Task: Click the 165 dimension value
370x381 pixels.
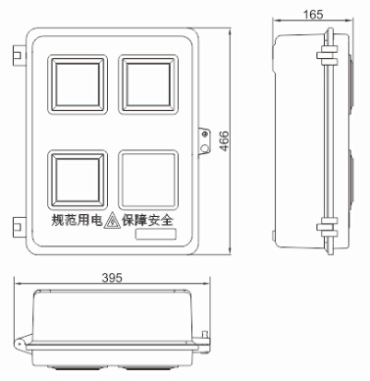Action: click(313, 15)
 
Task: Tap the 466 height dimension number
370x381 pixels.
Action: click(224, 141)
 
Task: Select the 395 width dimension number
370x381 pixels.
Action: click(112, 278)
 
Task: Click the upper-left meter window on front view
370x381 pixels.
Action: click(78, 84)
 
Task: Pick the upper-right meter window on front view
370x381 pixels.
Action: click(148, 84)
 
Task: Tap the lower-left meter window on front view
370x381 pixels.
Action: click(78, 180)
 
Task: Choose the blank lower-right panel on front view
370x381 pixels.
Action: click(148, 180)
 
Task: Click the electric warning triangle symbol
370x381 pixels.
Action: click(112, 220)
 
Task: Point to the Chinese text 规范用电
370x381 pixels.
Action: click(78, 220)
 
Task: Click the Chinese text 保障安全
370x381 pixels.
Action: click(147, 220)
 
